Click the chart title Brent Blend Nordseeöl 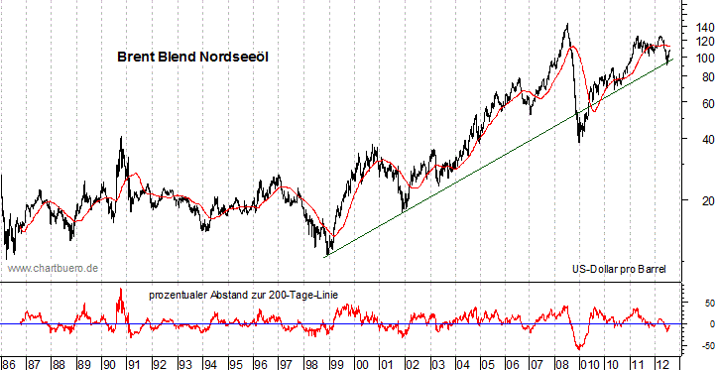[x=193, y=59]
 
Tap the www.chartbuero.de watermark [x=53, y=268]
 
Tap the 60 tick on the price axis [x=703, y=104]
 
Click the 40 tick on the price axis [x=703, y=141]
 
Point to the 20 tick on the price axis [x=703, y=202]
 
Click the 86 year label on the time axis [x=9, y=362]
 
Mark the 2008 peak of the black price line [x=566, y=25]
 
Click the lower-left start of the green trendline [x=327, y=256]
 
